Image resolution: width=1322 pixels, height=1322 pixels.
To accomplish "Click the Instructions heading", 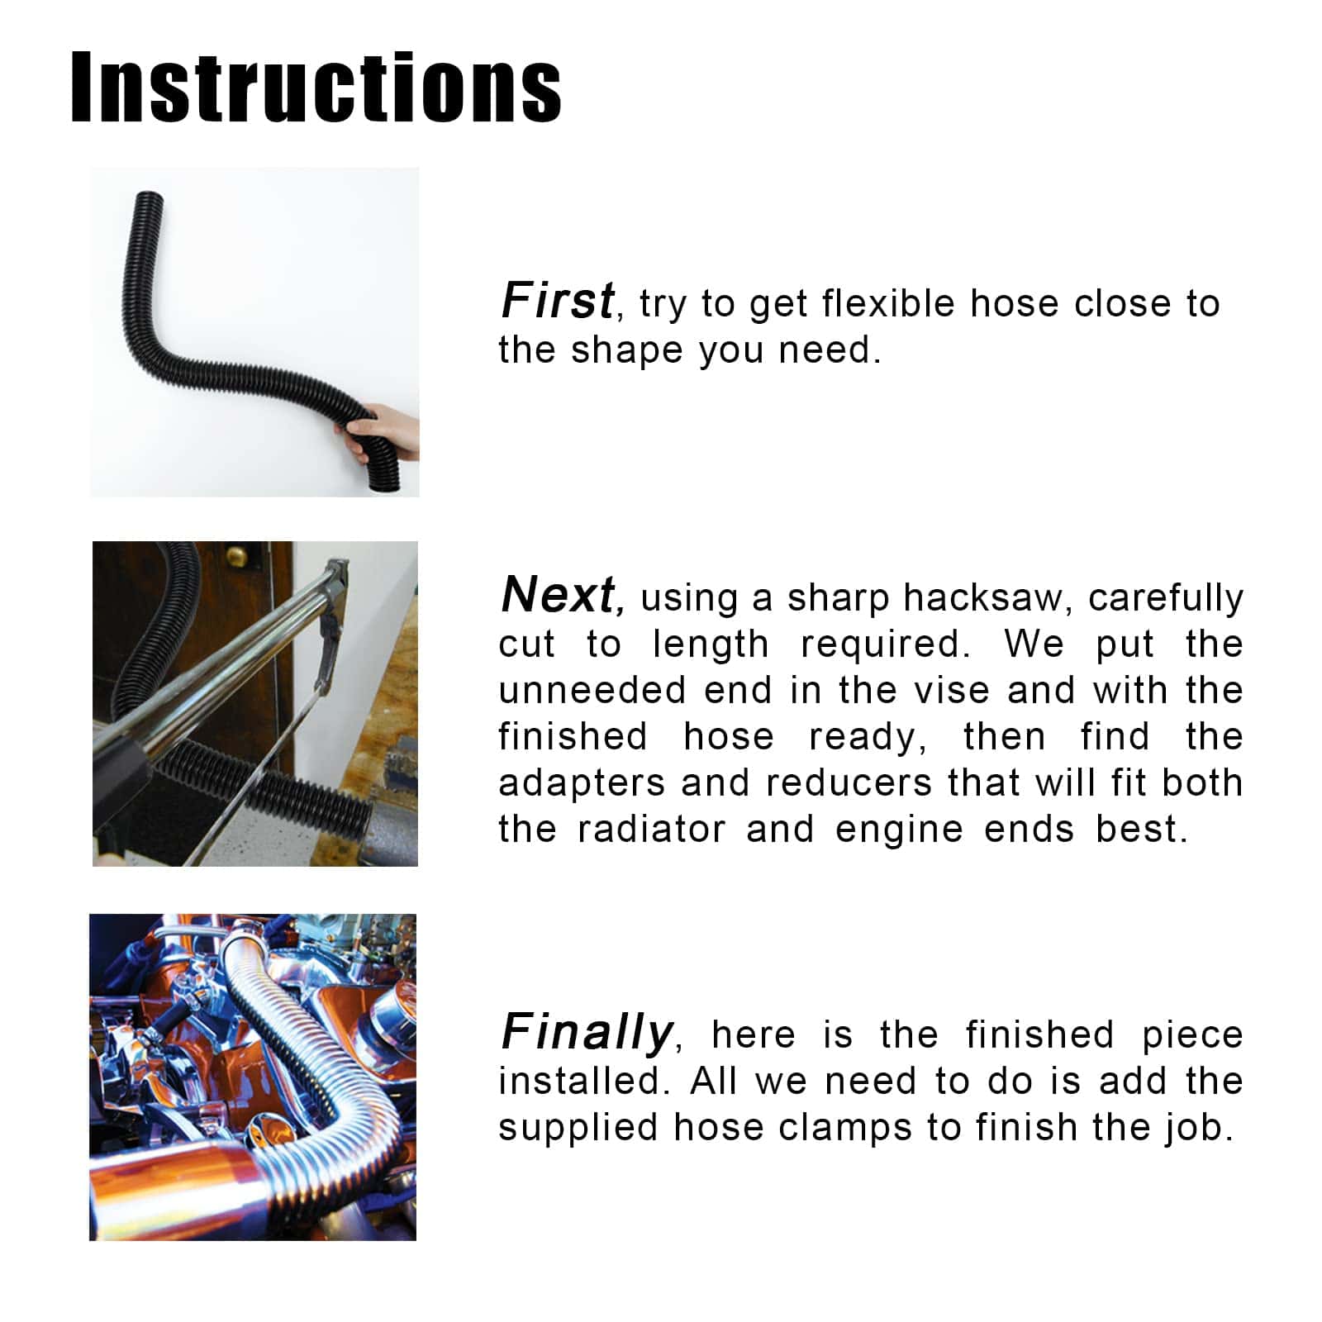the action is point(316,88).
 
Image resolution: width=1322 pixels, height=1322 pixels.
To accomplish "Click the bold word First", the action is point(558,300).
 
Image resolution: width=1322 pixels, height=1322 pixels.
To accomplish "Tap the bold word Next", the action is point(561,594).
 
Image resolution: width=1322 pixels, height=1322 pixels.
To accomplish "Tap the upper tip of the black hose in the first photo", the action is point(149,196).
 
